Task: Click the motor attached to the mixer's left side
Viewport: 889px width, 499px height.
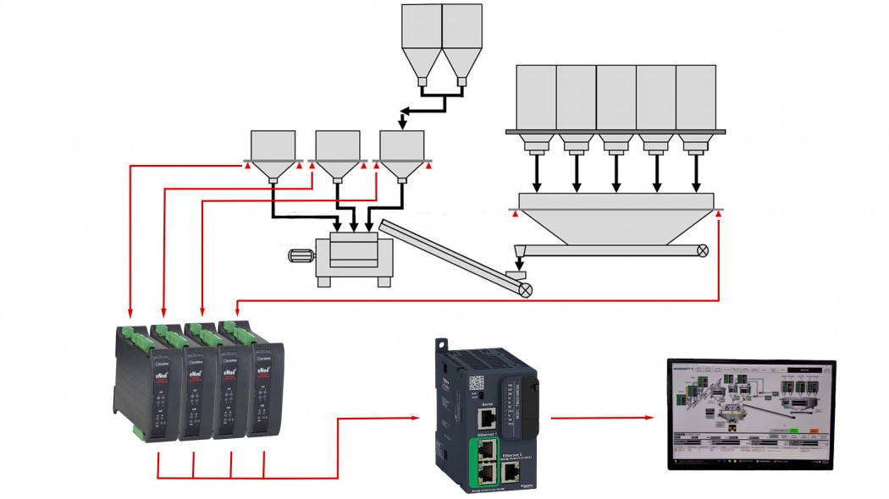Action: (x=301, y=257)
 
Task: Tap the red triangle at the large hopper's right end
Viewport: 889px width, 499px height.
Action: (x=719, y=216)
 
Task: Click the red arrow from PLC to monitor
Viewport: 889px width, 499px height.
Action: (x=602, y=417)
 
